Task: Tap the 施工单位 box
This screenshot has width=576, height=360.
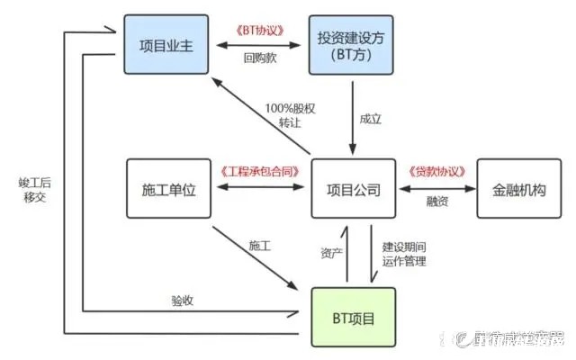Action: pos(168,190)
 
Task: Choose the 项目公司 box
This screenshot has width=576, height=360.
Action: pos(354,190)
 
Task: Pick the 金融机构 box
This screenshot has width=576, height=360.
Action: pos(518,190)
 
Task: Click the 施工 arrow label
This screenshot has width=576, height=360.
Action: pos(260,245)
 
